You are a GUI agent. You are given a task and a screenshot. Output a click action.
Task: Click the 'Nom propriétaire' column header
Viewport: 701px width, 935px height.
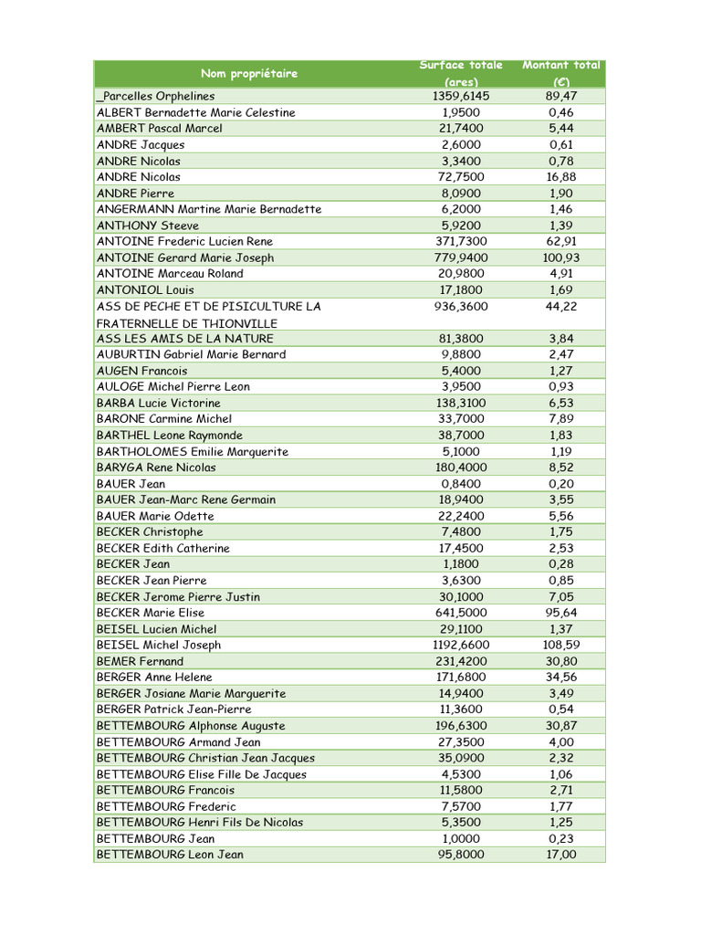pos(249,73)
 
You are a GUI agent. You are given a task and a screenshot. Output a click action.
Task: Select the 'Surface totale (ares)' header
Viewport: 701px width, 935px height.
pos(461,73)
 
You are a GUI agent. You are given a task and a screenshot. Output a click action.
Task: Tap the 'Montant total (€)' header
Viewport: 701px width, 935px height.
pos(561,73)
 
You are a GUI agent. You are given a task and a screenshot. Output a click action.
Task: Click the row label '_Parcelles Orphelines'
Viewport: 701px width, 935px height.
pos(156,96)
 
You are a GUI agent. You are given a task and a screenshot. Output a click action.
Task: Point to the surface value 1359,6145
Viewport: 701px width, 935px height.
pos(461,96)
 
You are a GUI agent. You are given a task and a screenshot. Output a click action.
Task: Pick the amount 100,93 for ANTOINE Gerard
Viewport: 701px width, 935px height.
pos(561,257)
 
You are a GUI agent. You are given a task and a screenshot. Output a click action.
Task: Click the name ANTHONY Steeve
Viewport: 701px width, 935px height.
pos(148,226)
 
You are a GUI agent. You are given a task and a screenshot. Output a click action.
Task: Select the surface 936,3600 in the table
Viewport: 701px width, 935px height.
pos(461,306)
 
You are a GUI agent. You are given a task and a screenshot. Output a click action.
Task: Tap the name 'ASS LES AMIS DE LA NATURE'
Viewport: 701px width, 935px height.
pos(185,338)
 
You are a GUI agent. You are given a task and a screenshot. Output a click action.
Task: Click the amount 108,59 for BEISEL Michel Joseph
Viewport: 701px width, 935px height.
pos(561,645)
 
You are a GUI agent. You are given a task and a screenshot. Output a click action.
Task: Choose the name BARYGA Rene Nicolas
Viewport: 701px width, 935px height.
pos(156,467)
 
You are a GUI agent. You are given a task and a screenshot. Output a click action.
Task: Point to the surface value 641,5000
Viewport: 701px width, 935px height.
pos(461,613)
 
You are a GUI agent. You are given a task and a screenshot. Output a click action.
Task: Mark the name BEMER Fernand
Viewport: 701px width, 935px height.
pos(140,661)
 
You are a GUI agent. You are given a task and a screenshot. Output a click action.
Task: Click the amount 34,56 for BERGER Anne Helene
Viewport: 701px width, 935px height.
pos(561,678)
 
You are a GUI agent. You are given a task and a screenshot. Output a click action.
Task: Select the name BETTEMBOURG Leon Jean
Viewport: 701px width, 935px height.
pos(170,855)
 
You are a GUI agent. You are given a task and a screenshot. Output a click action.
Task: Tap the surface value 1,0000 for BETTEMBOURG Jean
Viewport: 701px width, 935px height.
pos(461,838)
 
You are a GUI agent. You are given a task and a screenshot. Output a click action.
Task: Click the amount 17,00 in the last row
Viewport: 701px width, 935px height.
pos(561,855)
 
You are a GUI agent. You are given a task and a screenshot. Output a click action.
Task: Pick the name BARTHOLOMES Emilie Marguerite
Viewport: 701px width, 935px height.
pos(193,451)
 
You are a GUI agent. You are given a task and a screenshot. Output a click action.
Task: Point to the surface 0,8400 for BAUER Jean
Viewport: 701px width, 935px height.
pos(461,484)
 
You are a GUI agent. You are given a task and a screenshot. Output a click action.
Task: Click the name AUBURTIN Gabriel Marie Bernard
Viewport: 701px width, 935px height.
pos(191,354)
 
